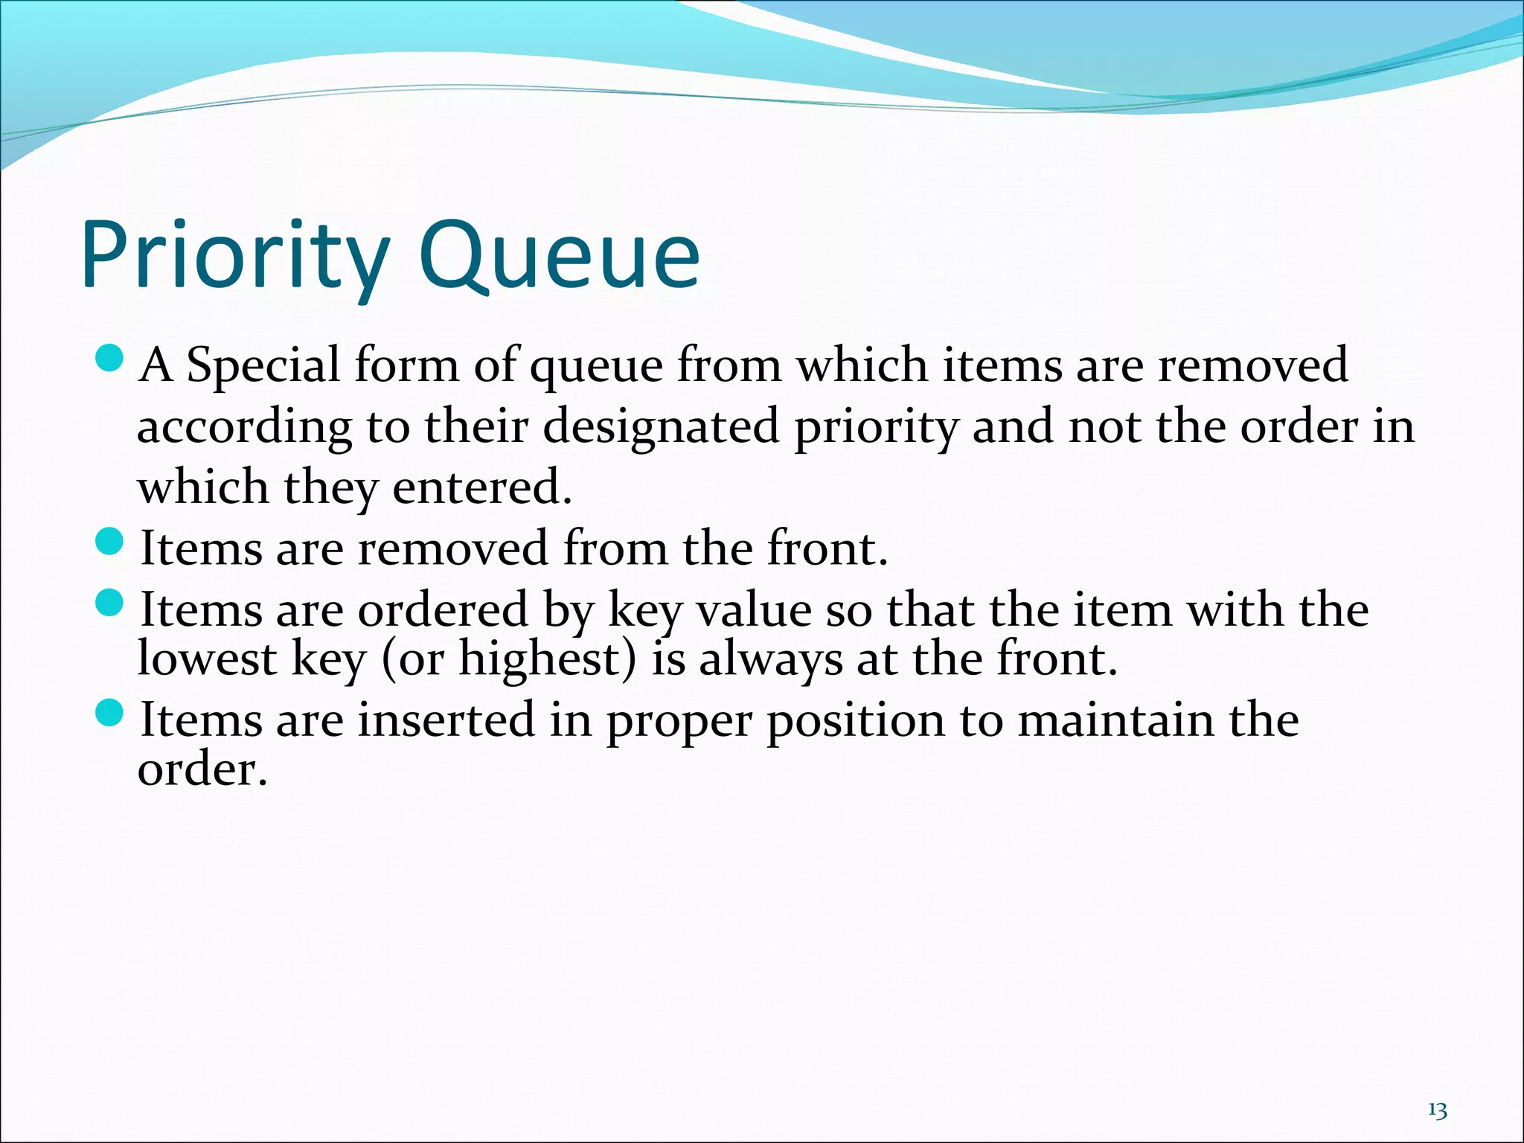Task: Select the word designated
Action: coord(660,428)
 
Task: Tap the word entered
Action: coord(482,488)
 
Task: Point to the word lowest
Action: coord(207,659)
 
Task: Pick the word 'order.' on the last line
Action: coord(202,769)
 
